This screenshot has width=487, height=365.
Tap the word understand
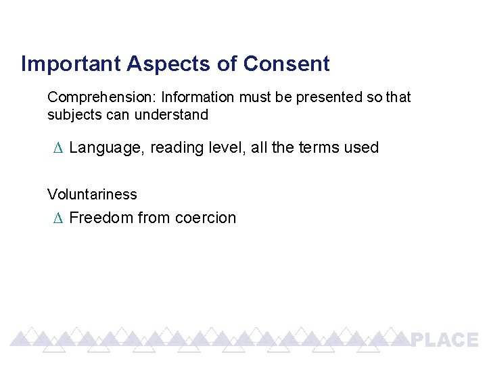(x=172, y=115)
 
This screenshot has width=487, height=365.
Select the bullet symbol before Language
(x=57, y=148)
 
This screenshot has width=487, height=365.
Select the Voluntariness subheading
(x=92, y=195)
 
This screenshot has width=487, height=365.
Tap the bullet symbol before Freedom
(x=57, y=218)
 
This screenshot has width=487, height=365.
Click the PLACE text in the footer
(x=444, y=340)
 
